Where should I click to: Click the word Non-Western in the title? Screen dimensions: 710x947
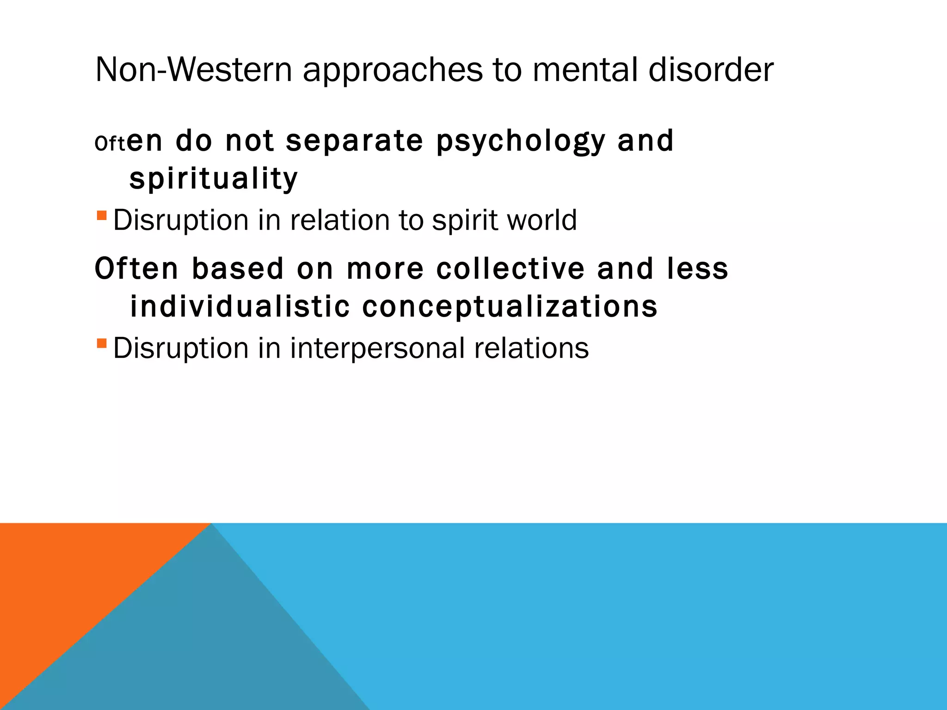point(193,70)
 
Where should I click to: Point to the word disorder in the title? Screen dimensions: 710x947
point(711,70)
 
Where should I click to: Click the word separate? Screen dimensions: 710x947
point(354,141)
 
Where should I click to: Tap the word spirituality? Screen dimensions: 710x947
point(214,179)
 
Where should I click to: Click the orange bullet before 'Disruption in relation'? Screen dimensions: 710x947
point(102,215)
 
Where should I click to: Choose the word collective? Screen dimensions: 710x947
point(510,269)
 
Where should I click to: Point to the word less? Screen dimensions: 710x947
point(697,269)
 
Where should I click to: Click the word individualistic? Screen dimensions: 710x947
point(240,307)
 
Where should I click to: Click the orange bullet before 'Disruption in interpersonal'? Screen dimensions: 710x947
point(102,343)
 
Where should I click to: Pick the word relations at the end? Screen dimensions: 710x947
point(531,348)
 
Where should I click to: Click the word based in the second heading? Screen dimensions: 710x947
point(237,269)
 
